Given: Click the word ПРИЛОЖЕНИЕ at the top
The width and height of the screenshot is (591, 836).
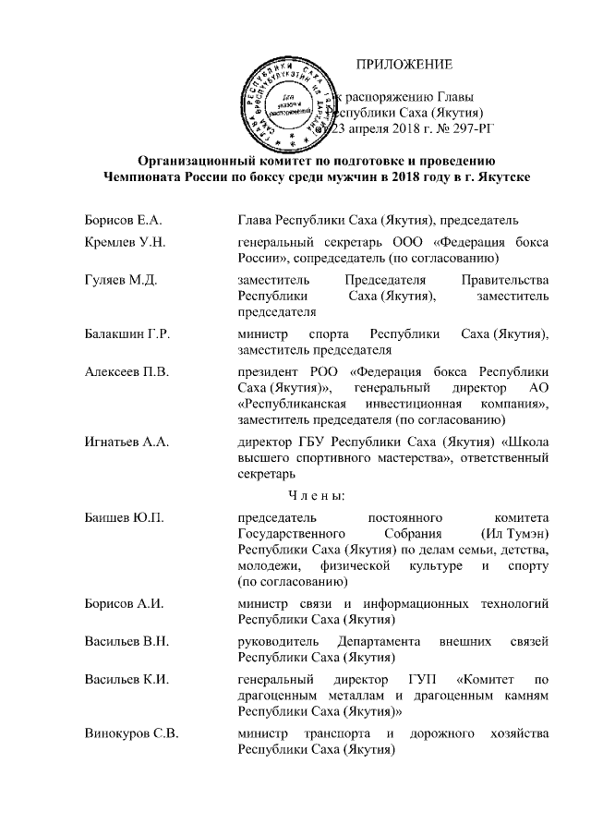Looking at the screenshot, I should pos(404,65).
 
